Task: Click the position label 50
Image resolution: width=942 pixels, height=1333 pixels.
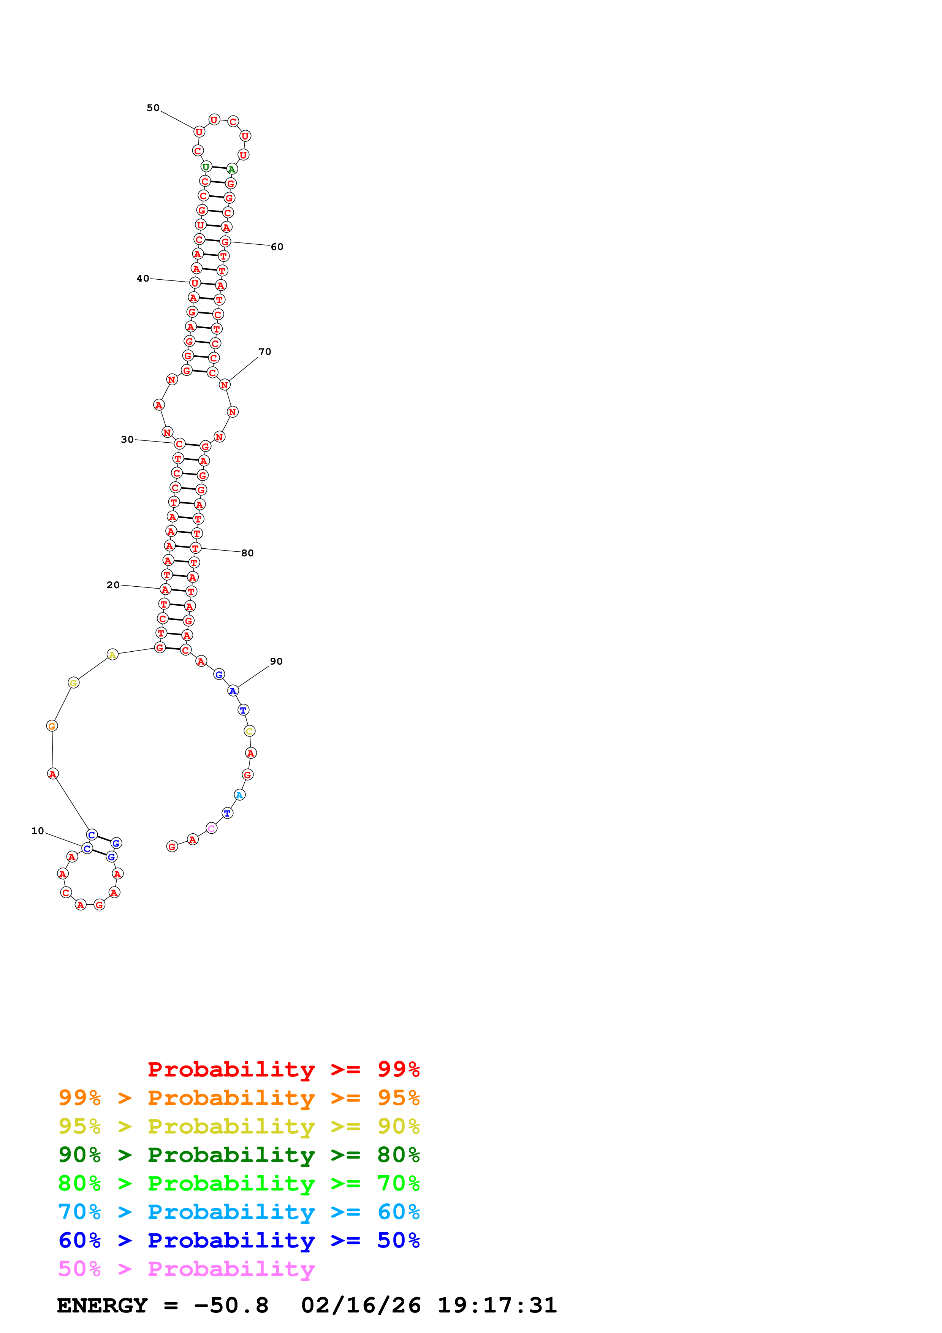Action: pyautogui.click(x=153, y=108)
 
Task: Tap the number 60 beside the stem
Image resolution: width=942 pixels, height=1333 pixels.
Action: pyautogui.click(x=277, y=247)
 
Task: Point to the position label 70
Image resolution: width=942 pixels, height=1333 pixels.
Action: pyautogui.click(x=265, y=352)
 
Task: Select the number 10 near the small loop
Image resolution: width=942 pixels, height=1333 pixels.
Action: pyautogui.click(x=38, y=831)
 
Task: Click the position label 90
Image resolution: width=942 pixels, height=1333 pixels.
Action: pyautogui.click(x=276, y=661)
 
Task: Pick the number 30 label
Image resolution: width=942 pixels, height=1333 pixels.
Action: pyautogui.click(x=127, y=440)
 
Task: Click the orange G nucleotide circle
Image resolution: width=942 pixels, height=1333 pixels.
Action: pyautogui.click(x=52, y=726)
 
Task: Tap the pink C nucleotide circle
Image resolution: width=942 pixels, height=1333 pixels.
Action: pyautogui.click(x=211, y=828)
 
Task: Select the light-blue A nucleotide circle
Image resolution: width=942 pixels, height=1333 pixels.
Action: pyautogui.click(x=239, y=795)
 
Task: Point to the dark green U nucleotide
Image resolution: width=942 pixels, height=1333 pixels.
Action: pyautogui.click(x=206, y=167)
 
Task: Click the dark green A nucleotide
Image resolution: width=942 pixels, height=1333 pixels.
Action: pyautogui.click(x=231, y=169)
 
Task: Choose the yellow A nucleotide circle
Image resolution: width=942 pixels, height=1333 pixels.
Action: pyautogui.click(x=112, y=655)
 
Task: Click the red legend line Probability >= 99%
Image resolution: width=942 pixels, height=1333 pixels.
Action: pyautogui.click(x=284, y=1069)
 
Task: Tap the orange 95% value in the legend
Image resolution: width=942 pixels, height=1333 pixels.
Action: pyautogui.click(x=398, y=1097)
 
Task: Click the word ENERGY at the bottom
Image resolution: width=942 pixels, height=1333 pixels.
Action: pyautogui.click(x=102, y=1305)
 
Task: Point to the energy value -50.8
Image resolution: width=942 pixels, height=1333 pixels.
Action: pyautogui.click(x=231, y=1305)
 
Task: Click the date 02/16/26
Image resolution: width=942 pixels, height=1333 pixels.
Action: pyautogui.click(x=361, y=1305)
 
